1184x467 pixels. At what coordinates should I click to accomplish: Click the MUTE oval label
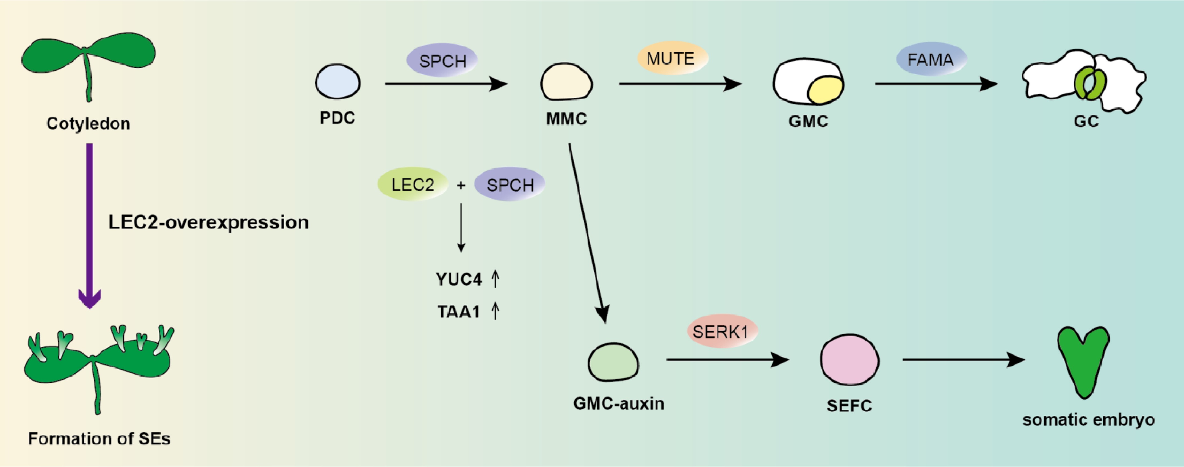[672, 59]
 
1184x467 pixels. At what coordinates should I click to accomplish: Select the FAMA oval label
[931, 60]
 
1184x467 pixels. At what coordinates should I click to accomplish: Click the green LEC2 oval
[412, 185]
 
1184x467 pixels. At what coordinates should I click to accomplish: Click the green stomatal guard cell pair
[1090, 83]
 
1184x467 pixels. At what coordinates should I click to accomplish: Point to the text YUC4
[458, 279]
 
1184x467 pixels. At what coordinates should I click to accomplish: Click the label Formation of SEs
[99, 439]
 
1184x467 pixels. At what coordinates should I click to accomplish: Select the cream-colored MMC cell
[566, 83]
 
